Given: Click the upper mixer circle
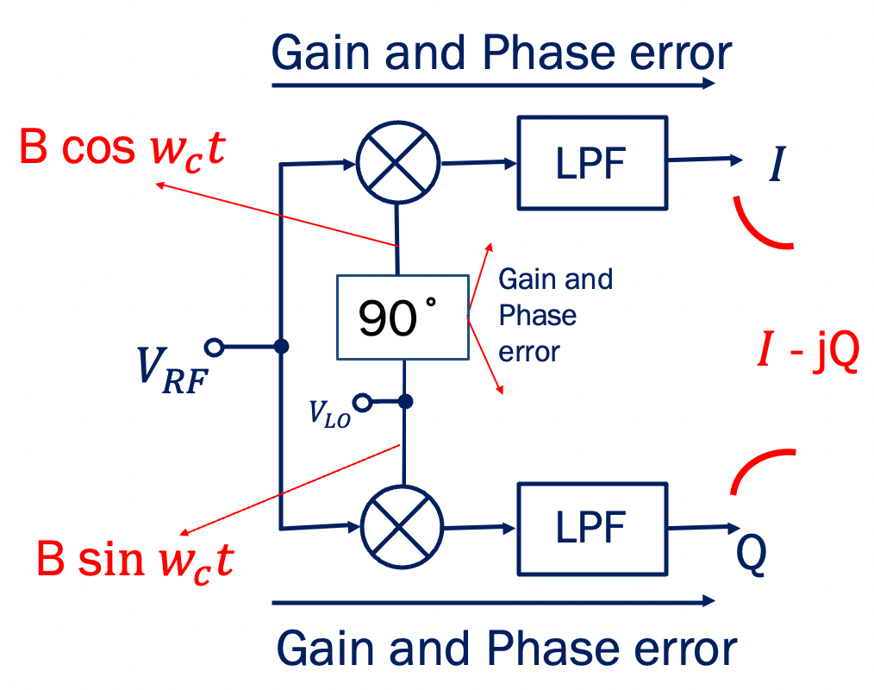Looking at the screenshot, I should [398, 161].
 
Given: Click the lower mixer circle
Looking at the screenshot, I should [402, 525].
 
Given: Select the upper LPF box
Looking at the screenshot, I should [591, 161].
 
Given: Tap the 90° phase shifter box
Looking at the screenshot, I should [403, 317].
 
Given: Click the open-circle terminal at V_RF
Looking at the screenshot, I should [215, 347].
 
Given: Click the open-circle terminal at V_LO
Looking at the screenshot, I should [363, 402].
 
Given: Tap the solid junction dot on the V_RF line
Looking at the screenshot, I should [280, 347].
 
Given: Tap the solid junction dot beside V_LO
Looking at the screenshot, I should [406, 402].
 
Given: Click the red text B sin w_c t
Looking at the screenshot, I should [134, 560].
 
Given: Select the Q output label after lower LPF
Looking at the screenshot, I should [752, 556].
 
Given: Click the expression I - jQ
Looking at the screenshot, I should [807, 354].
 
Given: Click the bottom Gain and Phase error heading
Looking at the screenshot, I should [507, 647].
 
